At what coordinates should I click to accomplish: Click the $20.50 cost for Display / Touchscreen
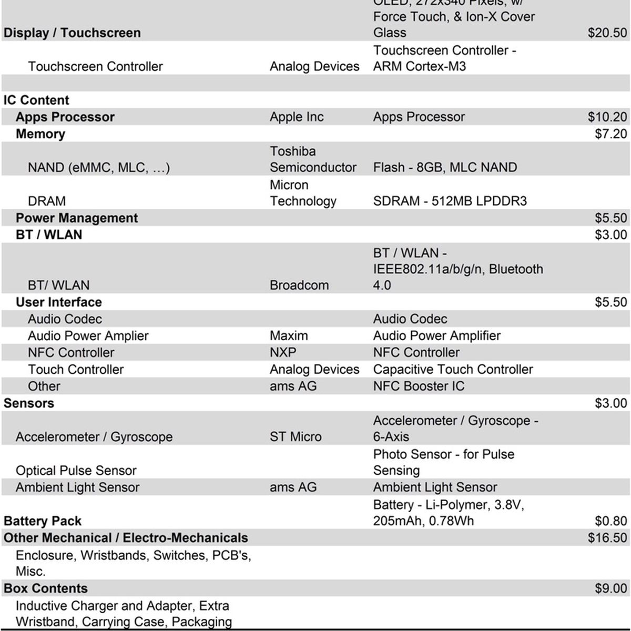[607, 33]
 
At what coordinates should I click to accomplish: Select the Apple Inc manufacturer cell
[297, 117]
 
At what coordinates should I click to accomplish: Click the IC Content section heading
[36, 100]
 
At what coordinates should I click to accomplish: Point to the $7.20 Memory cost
[610, 134]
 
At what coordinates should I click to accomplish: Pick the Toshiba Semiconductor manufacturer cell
[313, 159]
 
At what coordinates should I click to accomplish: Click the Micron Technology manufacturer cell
[303, 193]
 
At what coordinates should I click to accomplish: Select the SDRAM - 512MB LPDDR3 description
[450, 201]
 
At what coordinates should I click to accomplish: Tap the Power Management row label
[77, 218]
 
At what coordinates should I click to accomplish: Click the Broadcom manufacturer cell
[299, 285]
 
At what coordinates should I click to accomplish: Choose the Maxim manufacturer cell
[289, 335]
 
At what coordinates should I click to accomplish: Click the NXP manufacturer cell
[283, 352]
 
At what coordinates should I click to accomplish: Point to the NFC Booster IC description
[419, 386]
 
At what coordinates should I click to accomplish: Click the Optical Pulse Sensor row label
[76, 470]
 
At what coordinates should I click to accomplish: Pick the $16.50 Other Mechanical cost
[607, 537]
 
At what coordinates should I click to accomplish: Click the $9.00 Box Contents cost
[610, 588]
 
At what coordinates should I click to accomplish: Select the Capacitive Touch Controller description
[453, 369]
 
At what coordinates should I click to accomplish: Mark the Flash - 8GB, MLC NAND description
[445, 167]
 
